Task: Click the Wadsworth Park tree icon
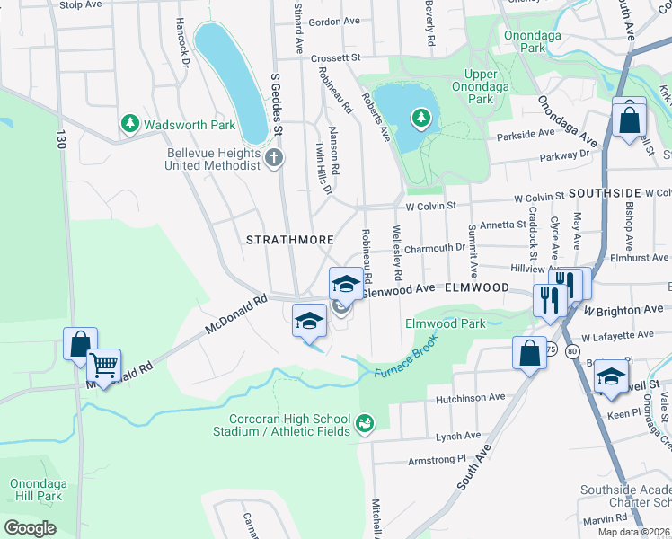pos(131,124)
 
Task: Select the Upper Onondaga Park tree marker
pos(420,117)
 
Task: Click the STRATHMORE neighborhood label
pos(290,240)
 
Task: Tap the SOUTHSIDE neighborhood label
pos(604,193)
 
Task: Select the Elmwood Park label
pos(445,323)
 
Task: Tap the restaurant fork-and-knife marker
pos(549,298)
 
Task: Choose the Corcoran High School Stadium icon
pos(365,422)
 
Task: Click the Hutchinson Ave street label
pos(470,397)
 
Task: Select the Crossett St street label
pos(336,57)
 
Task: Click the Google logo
pos(30,527)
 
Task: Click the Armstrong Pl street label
pos(438,457)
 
